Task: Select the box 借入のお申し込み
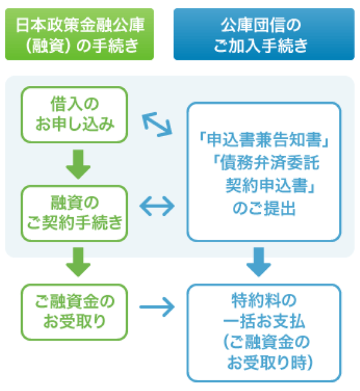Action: point(74,113)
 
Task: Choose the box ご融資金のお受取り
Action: point(74,309)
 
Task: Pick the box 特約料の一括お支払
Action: point(263,332)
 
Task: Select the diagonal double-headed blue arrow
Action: point(157,124)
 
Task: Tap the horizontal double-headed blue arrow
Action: point(157,208)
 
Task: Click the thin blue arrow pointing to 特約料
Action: point(157,309)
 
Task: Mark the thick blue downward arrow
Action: point(259,261)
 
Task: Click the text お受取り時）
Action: point(268,363)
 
